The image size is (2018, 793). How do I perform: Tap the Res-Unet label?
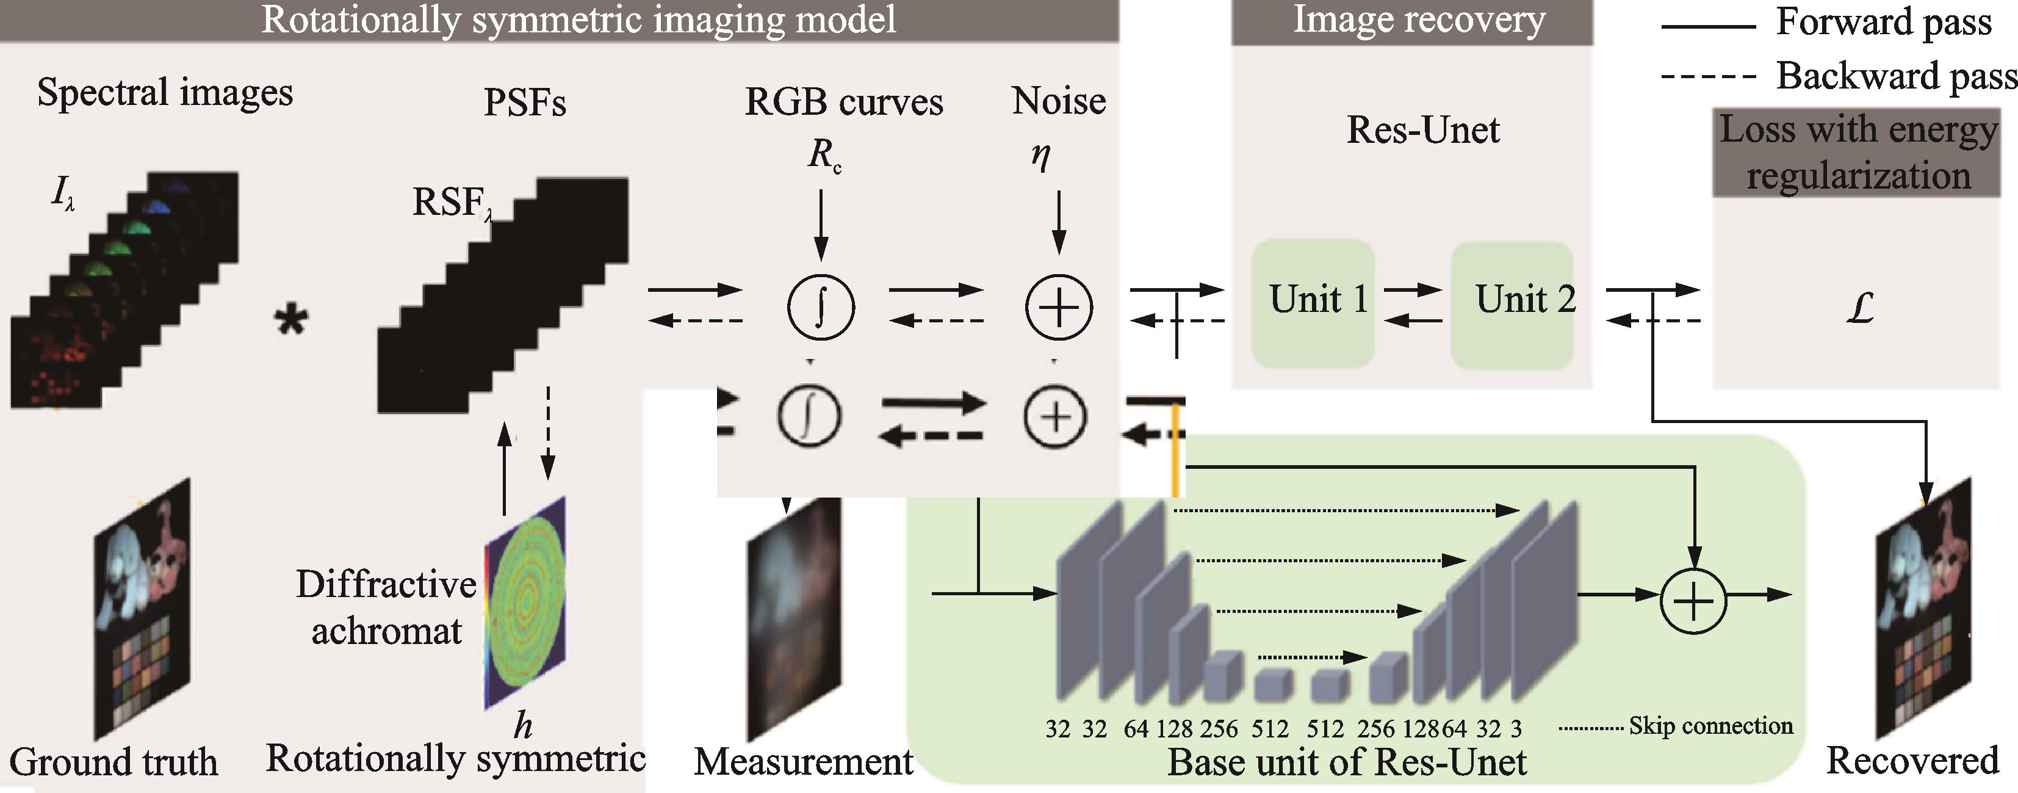[x=1422, y=130]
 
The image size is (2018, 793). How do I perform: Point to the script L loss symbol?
[x=1859, y=308]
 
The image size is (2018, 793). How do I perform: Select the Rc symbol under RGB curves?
[x=823, y=154]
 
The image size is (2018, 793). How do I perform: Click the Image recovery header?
[x=1419, y=20]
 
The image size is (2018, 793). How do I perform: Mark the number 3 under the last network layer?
[x=1516, y=729]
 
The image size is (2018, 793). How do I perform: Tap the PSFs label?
[x=524, y=103]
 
